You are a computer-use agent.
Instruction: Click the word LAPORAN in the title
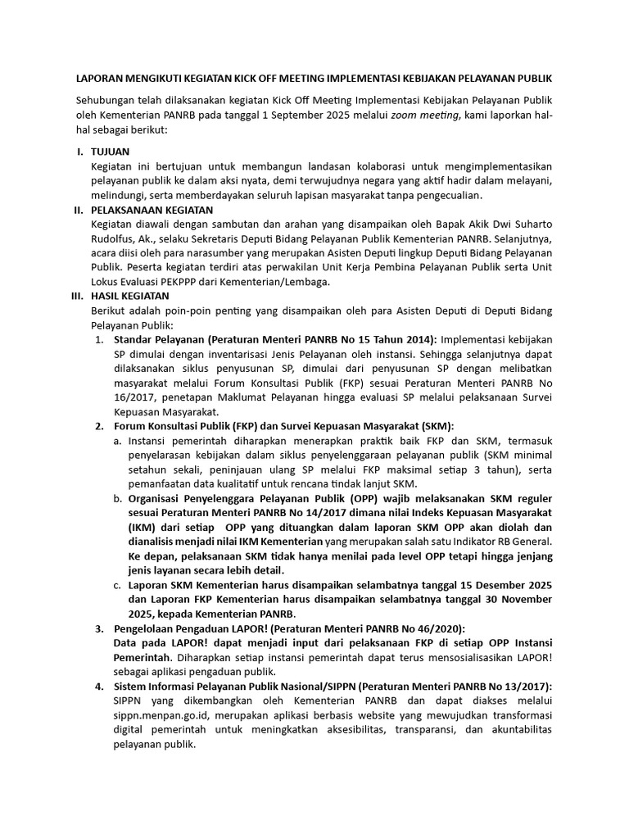pyautogui.click(x=98, y=78)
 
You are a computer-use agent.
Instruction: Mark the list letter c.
pyautogui.click(x=118, y=585)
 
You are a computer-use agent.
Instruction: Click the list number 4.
pyautogui.click(x=98, y=686)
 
